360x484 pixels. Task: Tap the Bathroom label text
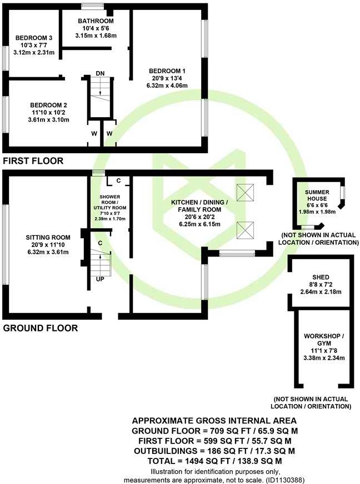[x=96, y=22]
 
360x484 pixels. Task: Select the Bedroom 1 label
[x=167, y=70]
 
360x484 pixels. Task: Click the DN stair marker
[x=100, y=73]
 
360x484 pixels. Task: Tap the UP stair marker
[x=101, y=279]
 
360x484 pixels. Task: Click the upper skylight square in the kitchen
[x=244, y=193]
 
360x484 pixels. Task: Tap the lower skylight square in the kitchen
[x=244, y=229]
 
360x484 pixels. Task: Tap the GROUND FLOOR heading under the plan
[x=41, y=328]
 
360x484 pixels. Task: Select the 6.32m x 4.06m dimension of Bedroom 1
[x=167, y=85]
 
